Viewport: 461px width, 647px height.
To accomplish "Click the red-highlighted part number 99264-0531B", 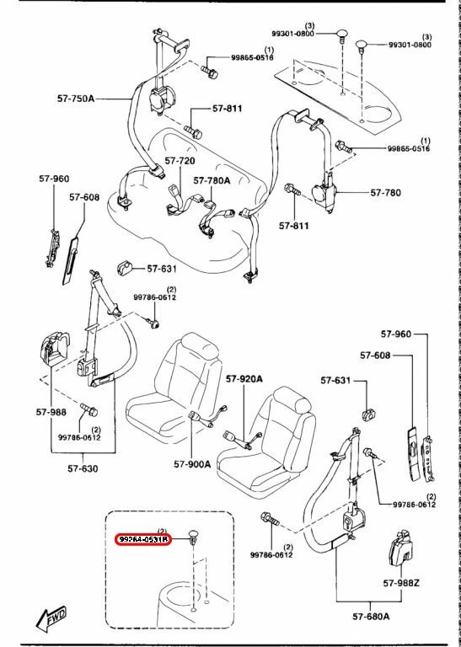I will pos(142,539).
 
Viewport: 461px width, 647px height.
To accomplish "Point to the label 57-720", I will pos(180,160).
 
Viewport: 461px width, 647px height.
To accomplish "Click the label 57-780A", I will pos(212,179).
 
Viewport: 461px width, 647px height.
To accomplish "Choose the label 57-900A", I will pos(192,463).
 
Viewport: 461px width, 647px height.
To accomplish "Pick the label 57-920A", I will pos(244,379).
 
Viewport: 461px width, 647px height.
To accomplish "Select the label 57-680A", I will pos(371,616).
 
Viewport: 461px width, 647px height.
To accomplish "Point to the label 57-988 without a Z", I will pos(51,412).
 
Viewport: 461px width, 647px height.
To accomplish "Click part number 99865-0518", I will pos(253,58).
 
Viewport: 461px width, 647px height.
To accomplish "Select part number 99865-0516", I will pos(408,149).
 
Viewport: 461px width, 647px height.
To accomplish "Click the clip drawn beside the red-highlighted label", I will pos(192,536).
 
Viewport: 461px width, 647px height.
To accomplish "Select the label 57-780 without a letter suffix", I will pos(386,193).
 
